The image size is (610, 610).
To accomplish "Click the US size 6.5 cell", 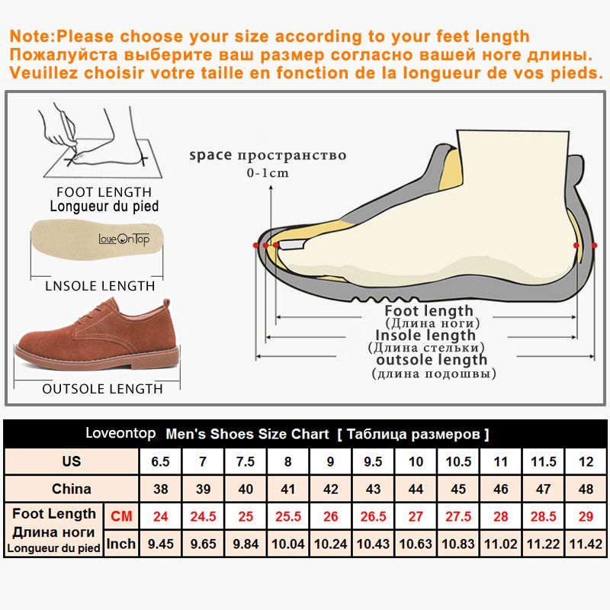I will coord(160,461).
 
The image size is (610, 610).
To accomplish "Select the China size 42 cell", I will coord(331,489).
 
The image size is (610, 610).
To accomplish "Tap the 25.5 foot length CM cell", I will coord(287,516).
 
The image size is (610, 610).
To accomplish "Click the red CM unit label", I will coord(121,516).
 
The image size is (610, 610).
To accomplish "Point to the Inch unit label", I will coord(121,544).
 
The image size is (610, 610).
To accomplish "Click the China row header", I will coord(72,489).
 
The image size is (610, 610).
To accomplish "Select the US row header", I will coord(72,461).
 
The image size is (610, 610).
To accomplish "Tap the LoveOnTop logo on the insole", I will coord(124,238).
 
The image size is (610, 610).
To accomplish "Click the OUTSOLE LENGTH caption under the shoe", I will coord(102,389).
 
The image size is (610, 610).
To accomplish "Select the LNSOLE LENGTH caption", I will coord(95,286).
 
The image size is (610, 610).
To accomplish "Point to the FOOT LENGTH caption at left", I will coord(104,192).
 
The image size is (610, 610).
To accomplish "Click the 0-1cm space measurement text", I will coord(268,173).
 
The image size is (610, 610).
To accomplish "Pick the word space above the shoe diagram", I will coord(210,156).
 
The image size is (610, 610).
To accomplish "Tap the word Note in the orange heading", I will coord(33,36).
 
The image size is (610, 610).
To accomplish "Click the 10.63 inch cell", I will coord(416,544).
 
